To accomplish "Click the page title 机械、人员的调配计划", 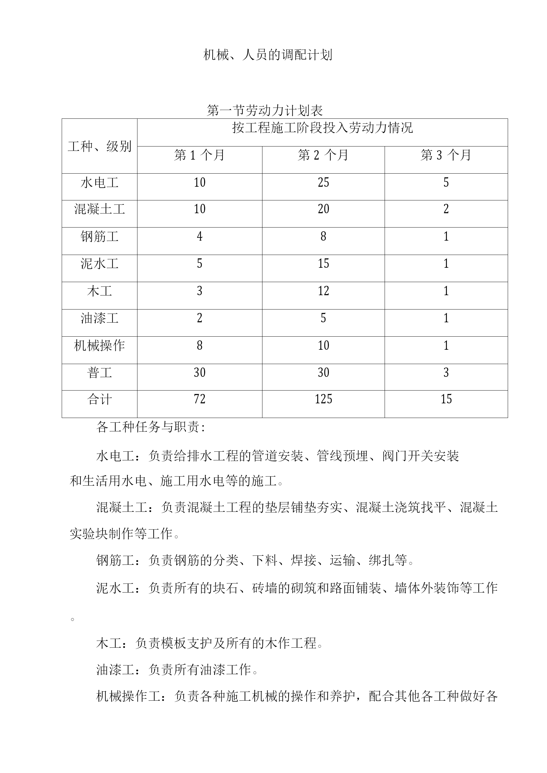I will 268,55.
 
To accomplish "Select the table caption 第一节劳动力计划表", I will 265,110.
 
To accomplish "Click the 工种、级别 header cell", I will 99,146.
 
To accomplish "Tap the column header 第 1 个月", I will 199,155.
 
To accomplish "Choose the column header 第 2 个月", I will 323,155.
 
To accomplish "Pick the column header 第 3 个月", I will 446,155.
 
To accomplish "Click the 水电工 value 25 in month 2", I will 323,183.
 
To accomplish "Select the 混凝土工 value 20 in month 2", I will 323,209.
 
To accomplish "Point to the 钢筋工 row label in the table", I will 99,237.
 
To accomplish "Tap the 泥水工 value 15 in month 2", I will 323,264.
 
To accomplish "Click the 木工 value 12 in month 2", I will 323,291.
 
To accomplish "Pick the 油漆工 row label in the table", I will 99,318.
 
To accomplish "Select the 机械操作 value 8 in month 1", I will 199,346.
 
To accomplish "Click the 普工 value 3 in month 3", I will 446,372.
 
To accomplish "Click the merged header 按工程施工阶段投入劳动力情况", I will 322,128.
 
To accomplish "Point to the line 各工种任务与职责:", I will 151,427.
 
